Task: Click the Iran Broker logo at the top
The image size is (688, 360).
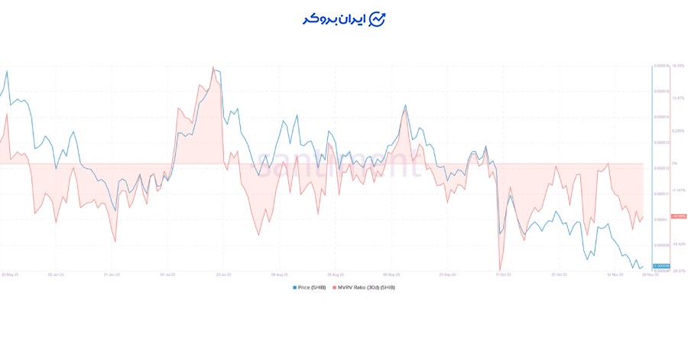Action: coord(343,19)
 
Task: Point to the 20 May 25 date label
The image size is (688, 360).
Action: coord(9,273)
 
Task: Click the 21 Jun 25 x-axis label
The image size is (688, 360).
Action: coord(112,273)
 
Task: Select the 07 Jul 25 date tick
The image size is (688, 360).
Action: coord(168,273)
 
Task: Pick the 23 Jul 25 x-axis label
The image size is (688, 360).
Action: coord(224,273)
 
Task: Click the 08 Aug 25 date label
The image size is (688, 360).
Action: coord(280,273)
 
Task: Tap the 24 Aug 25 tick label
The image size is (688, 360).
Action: coord(336,273)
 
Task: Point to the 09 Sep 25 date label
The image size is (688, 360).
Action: coord(391,273)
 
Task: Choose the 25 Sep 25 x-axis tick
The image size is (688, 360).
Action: coord(447,273)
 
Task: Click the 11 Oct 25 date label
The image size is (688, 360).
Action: coord(503,273)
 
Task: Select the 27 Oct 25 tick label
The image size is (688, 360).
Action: coord(559,273)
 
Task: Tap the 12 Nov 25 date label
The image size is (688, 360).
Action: coord(615,273)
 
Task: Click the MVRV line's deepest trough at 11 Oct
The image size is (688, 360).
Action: coord(501,269)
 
